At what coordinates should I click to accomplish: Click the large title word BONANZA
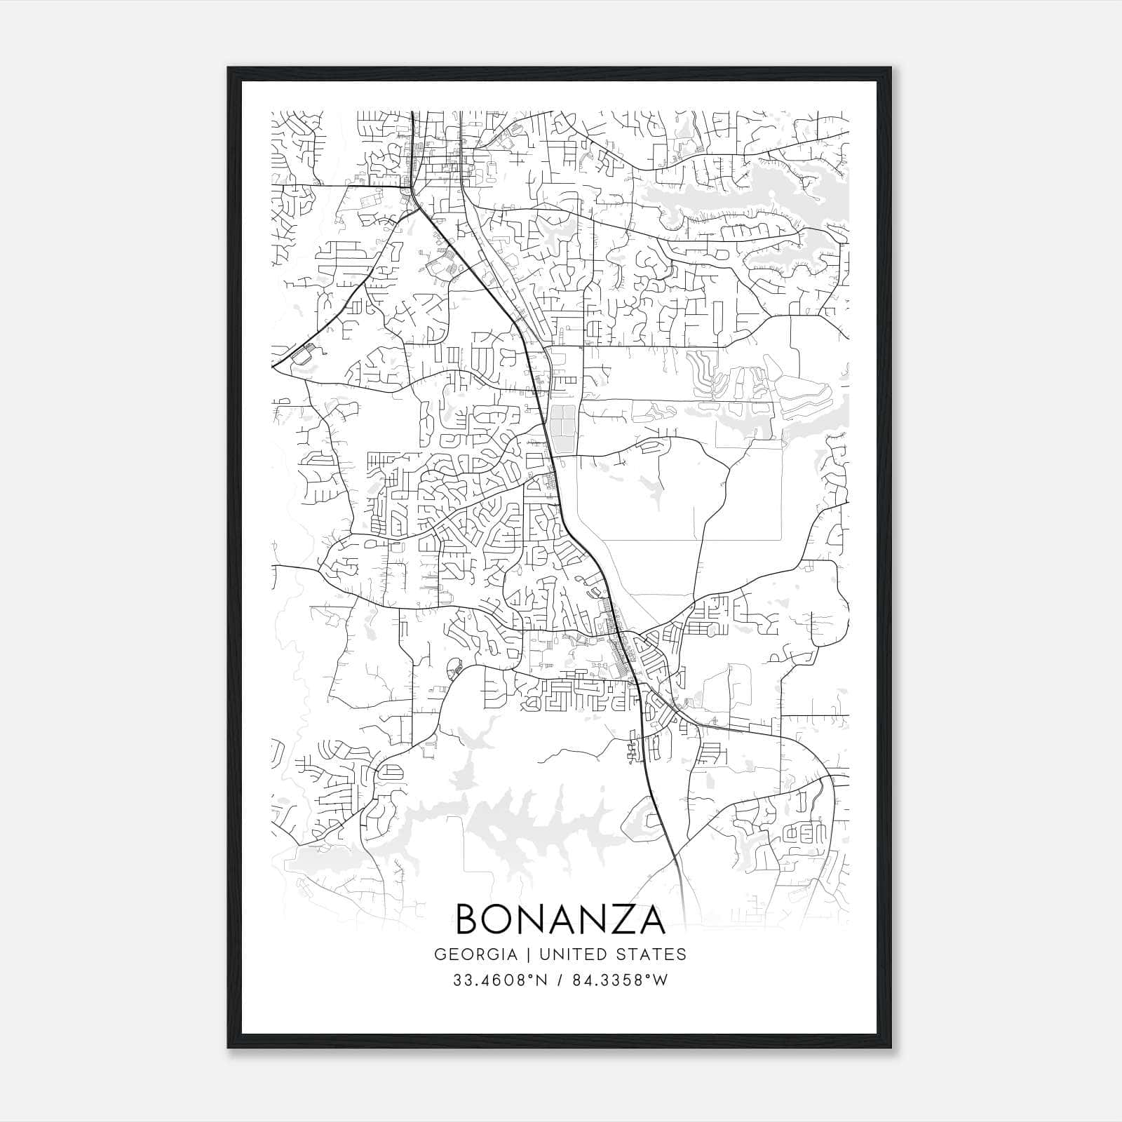(560, 919)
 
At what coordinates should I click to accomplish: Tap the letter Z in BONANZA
(614, 919)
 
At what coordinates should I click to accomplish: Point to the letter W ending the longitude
(661, 980)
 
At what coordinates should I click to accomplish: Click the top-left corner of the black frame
(229, 68)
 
